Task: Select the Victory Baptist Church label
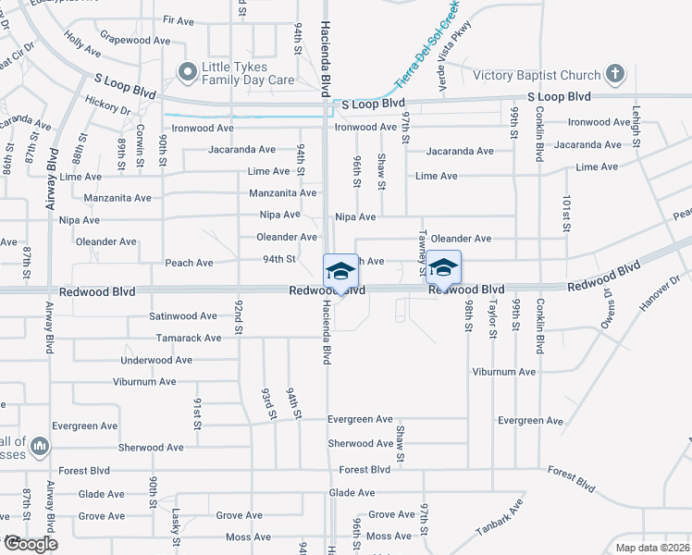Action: [x=537, y=75]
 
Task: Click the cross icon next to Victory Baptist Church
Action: [x=615, y=74]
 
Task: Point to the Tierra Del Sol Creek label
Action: [x=426, y=52]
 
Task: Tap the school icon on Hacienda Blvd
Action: [x=340, y=270]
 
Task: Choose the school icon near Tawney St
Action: [x=443, y=267]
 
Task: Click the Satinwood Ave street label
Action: [x=183, y=315]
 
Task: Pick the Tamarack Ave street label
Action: [x=189, y=338]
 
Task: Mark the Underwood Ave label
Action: [x=156, y=360]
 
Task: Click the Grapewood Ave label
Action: [x=135, y=41]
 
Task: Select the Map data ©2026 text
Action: [x=652, y=548]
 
